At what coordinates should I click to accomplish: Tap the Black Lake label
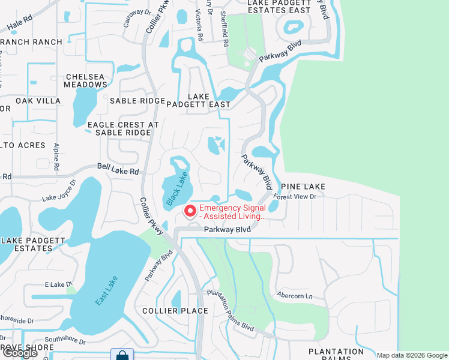click(x=177, y=189)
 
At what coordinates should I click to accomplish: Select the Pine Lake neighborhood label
click(x=303, y=187)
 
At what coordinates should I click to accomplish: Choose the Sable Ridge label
click(x=137, y=101)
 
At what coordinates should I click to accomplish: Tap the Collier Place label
click(x=175, y=310)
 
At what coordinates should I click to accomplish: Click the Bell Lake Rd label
click(x=119, y=172)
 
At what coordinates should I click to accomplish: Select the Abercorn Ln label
click(x=295, y=296)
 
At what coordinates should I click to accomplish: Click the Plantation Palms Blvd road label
click(x=231, y=311)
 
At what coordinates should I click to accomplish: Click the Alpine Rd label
click(x=57, y=155)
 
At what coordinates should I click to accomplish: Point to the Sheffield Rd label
click(x=223, y=29)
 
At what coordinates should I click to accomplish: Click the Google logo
click(x=20, y=353)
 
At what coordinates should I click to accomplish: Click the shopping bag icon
click(x=122, y=355)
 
